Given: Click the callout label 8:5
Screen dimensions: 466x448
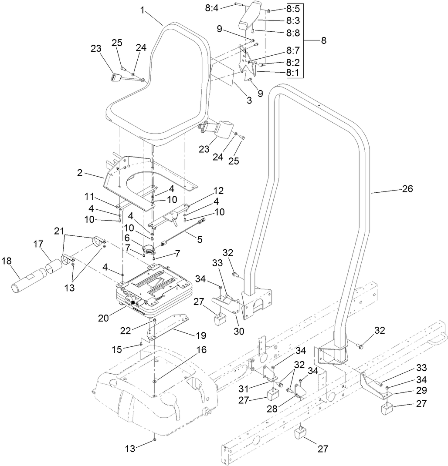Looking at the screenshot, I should [x=293, y=8].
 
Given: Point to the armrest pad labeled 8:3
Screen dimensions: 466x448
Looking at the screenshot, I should [x=249, y=16].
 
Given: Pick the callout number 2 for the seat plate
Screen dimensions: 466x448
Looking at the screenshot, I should [x=79, y=172].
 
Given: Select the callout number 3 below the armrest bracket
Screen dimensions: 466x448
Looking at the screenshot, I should [x=249, y=101].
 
